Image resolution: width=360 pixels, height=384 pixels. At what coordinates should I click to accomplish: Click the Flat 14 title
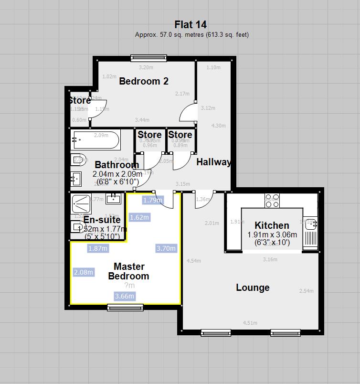pyautogui.click(x=191, y=25)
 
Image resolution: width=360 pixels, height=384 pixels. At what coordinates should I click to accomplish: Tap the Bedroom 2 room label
pyautogui.click(x=144, y=81)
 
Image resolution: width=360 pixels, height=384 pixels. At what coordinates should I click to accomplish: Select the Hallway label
pyautogui.click(x=213, y=162)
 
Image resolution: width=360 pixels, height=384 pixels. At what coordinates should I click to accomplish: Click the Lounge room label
pyautogui.click(x=253, y=288)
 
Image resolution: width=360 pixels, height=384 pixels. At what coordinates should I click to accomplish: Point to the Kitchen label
pyautogui.click(x=272, y=225)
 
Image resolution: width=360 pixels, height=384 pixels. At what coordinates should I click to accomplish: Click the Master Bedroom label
pyautogui.click(x=128, y=271)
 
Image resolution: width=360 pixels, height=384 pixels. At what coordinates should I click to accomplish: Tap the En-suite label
pyautogui.click(x=102, y=220)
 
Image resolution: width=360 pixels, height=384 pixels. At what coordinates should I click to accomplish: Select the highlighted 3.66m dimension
pyautogui.click(x=125, y=296)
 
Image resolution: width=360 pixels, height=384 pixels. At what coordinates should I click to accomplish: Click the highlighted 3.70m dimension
pyautogui.click(x=166, y=248)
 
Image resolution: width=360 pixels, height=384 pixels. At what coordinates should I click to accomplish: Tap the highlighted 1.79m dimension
pyautogui.click(x=153, y=200)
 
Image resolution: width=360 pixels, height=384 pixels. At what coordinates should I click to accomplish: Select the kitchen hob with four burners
pyautogui.click(x=272, y=200)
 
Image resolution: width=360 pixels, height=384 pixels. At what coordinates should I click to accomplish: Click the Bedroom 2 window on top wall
pyautogui.click(x=148, y=58)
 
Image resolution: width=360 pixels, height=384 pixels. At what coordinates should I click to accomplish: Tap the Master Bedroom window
pyautogui.click(x=125, y=308)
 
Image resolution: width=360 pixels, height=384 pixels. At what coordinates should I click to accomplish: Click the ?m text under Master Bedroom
pyautogui.click(x=129, y=286)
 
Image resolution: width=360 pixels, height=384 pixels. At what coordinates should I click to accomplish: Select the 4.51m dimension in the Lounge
pyautogui.click(x=250, y=323)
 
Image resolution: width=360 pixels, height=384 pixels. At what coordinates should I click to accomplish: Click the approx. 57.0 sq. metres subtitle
pyautogui.click(x=191, y=35)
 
